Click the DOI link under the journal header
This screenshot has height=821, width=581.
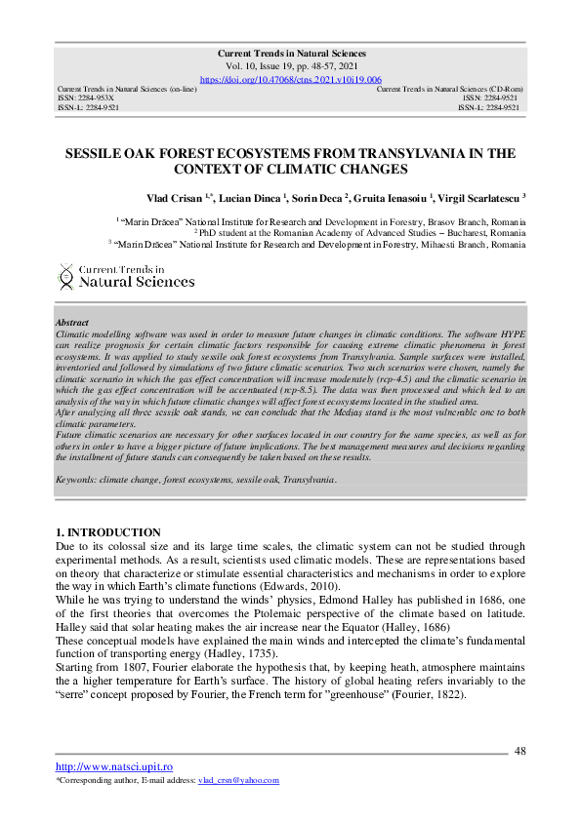tap(290, 79)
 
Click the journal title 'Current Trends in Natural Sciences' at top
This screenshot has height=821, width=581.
tap(290, 53)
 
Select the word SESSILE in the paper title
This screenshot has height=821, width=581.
tap(96, 154)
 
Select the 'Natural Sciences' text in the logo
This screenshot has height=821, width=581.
tap(136, 282)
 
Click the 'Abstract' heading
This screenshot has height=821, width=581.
tap(72, 323)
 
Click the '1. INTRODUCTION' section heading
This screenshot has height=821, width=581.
tap(108, 532)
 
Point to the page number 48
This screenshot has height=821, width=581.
tap(519, 751)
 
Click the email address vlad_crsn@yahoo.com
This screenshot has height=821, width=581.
tap(238, 780)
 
